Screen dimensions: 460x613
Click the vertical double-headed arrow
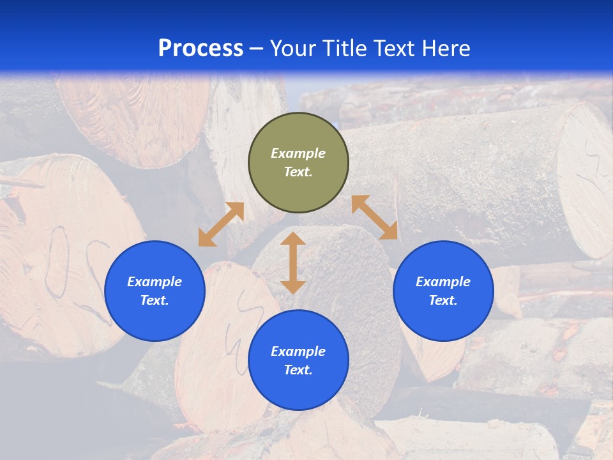click(293, 263)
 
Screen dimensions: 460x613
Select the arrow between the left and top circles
click(221, 224)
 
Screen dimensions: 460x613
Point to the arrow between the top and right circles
click(374, 217)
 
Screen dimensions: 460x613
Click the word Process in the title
click(201, 49)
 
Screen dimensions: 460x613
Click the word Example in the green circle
click(298, 153)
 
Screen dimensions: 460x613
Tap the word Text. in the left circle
click(155, 300)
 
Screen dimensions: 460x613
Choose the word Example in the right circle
click(443, 282)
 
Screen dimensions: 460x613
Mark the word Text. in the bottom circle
click(298, 370)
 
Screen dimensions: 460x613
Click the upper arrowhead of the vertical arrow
click(293, 239)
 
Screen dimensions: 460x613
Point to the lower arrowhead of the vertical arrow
click(293, 287)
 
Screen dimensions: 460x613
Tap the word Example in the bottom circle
click(298, 351)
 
